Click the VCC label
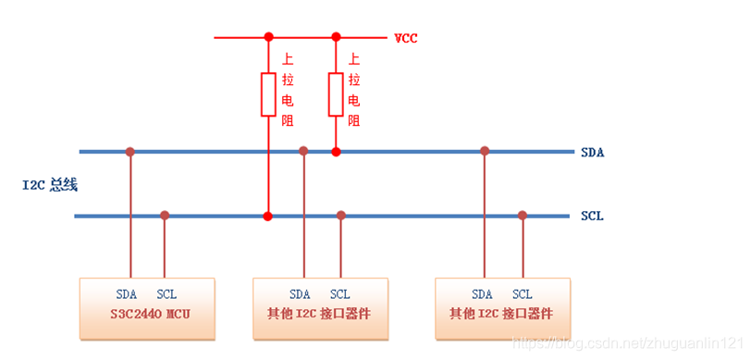(405, 39)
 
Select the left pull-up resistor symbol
(268, 93)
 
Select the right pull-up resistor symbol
(336, 93)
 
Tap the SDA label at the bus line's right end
(592, 152)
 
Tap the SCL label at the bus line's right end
(592, 217)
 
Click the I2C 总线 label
(50, 184)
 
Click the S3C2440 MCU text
(147, 314)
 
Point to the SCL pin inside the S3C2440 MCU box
(166, 294)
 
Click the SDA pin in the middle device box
(300, 294)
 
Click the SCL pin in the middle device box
(339, 294)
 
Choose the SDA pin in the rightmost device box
(483, 294)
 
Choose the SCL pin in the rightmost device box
(523, 294)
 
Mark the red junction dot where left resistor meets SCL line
(268, 216)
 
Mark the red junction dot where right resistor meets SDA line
(336, 151)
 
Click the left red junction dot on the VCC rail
(268, 38)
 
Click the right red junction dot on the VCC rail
(336, 38)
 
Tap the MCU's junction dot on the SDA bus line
(130, 151)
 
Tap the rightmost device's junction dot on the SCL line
(523, 216)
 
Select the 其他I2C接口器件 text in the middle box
(319, 314)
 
